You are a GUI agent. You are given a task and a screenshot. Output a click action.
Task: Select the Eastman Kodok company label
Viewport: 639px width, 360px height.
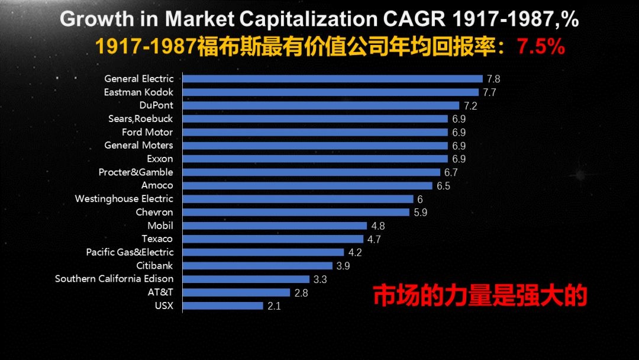pyautogui.click(x=138, y=92)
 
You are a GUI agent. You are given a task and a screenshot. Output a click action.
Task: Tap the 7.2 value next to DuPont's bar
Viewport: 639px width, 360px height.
pyautogui.click(x=470, y=106)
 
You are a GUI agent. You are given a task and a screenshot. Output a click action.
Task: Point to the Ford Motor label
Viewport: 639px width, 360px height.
pyautogui.click(x=147, y=132)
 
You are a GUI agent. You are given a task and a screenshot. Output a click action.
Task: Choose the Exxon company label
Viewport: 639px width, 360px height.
pyautogui.click(x=160, y=159)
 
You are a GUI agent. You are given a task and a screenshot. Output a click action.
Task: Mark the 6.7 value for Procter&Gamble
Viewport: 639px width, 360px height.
pyautogui.click(x=451, y=173)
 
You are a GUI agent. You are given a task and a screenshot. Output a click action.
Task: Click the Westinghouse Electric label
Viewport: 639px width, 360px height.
pyautogui.click(x=124, y=199)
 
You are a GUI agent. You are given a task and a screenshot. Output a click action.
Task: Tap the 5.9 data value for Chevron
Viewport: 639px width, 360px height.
pyautogui.click(x=421, y=213)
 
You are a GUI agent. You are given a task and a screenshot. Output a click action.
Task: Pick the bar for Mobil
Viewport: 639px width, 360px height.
pyautogui.click(x=275, y=226)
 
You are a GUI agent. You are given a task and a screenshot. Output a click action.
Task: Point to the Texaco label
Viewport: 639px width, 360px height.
pyautogui.click(x=157, y=239)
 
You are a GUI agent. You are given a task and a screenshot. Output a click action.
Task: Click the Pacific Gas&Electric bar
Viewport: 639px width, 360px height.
pyautogui.click(x=263, y=252)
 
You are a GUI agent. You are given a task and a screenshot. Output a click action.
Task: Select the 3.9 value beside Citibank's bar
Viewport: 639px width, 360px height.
pyautogui.click(x=343, y=266)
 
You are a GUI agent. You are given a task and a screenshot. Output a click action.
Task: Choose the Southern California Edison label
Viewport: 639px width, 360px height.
pyautogui.click(x=114, y=279)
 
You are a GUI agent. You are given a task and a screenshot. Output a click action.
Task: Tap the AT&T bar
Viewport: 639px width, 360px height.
pyautogui.click(x=236, y=292)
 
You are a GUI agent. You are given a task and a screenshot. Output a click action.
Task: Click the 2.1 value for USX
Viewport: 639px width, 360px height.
pyautogui.click(x=274, y=306)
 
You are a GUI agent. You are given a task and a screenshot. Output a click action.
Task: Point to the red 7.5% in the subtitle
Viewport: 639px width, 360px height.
pyautogui.click(x=541, y=47)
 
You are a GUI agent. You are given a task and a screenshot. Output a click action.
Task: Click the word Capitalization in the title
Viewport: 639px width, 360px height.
pyautogui.click(x=308, y=19)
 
